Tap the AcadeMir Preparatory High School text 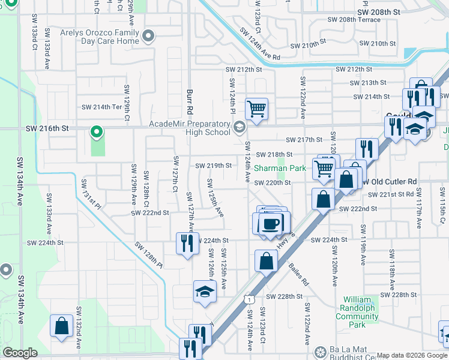click(x=190, y=127)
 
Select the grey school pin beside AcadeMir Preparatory click(x=240, y=127)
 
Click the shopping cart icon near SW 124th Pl click(x=256, y=109)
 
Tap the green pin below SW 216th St click(x=95, y=131)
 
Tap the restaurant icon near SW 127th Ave click(x=187, y=243)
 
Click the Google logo click(x=20, y=353)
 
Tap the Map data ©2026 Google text click(x=411, y=355)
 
